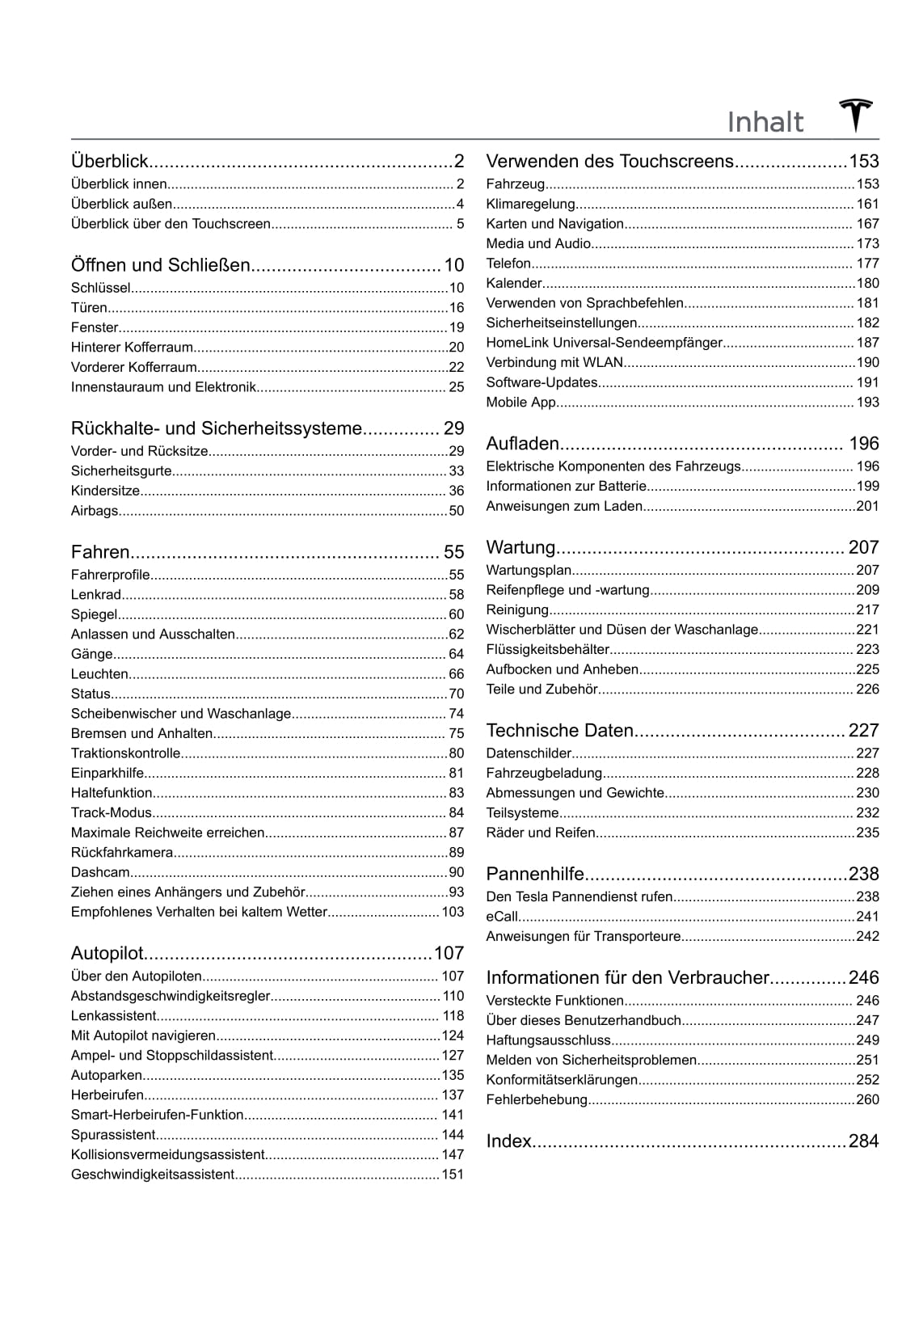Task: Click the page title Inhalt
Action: point(765,123)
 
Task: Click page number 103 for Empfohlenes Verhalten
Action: point(453,912)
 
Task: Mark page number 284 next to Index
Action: point(863,1141)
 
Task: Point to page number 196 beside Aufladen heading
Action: point(863,444)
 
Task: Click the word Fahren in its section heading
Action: point(100,552)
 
